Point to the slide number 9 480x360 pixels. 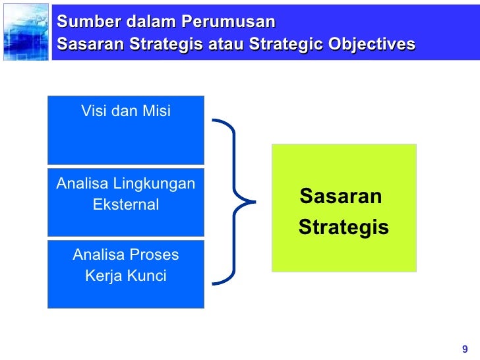pyautogui.click(x=465, y=349)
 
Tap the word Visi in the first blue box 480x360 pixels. pyautogui.click(x=94, y=111)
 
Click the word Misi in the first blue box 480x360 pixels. pyautogui.click(x=155, y=111)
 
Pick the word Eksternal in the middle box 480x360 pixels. pyautogui.click(x=126, y=205)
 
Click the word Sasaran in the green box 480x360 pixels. pyautogui.click(x=340, y=196)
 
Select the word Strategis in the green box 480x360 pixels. pyautogui.click(x=343, y=228)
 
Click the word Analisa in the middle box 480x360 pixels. pyautogui.click(x=80, y=183)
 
